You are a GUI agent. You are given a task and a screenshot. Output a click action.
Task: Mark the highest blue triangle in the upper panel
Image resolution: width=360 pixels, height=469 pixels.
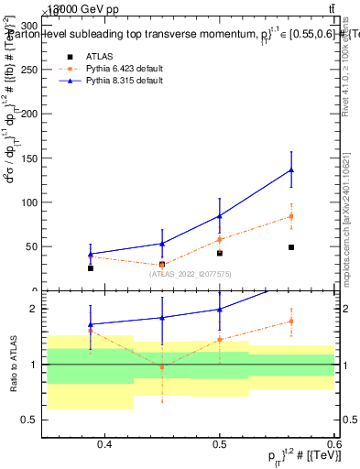(x=291, y=169)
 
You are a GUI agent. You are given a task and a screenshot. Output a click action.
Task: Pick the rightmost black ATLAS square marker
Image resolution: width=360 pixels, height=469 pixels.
(x=291, y=247)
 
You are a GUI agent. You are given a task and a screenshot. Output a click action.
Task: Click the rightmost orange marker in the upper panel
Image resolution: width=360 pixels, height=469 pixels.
(x=291, y=216)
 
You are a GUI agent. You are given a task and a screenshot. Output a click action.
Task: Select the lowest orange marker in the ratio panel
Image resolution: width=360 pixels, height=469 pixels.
(x=162, y=367)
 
